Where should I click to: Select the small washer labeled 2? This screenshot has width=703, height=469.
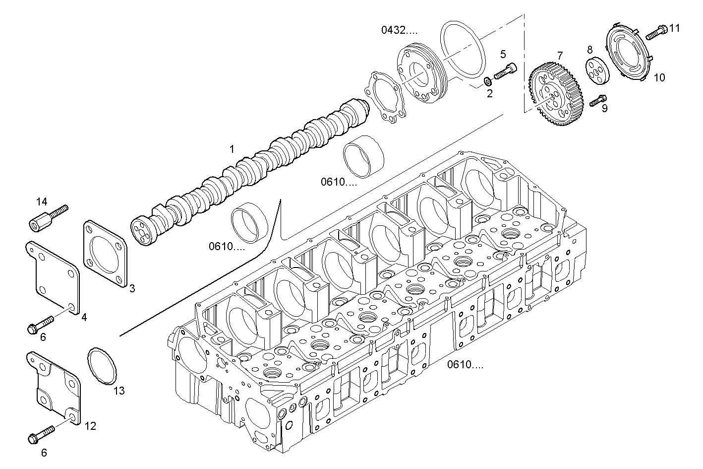tap(487, 81)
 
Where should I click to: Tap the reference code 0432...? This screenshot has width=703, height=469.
tap(400, 30)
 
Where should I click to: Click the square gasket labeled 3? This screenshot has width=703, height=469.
tap(105, 253)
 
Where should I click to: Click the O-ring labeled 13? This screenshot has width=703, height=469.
tap(102, 366)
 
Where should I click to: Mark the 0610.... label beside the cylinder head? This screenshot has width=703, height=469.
tap(465, 365)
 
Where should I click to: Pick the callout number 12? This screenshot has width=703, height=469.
tap(90, 426)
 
